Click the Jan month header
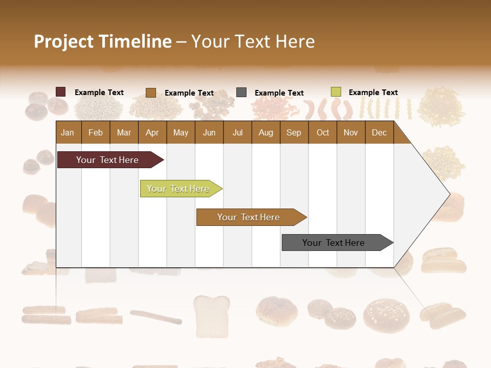point(68,133)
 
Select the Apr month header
point(152,133)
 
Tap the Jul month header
point(237,133)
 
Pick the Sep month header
point(294,133)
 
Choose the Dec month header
point(379,133)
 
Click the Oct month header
point(323,133)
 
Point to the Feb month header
point(96,133)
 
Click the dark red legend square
point(61,92)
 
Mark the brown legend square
point(151,93)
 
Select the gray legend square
point(241,93)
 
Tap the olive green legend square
point(336,92)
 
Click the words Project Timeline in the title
point(102,41)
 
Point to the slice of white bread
point(211,315)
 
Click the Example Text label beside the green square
point(373,93)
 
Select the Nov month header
point(351,133)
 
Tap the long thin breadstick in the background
point(156,317)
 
